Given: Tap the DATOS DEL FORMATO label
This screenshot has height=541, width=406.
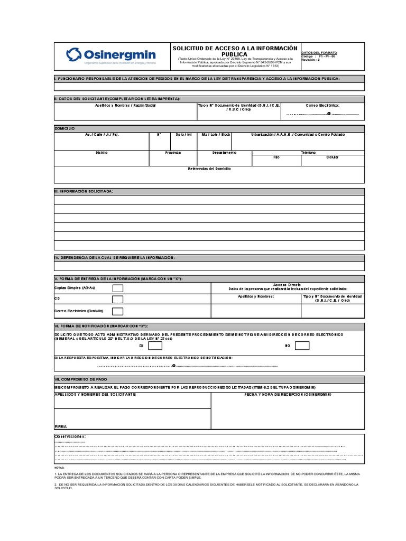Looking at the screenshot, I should coord(319,53).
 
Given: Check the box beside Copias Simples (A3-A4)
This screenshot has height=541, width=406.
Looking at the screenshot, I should coord(117,288).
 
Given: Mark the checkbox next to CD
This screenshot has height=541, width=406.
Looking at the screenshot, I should coord(117,300).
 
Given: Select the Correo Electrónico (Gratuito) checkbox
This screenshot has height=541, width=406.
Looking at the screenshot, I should coord(117,311).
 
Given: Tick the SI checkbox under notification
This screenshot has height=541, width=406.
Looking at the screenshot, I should coord(155,346).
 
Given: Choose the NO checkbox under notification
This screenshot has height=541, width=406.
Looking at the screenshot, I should coord(302,346).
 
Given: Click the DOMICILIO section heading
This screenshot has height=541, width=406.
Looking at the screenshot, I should coord(65,129).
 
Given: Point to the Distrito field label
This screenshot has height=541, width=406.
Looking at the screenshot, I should coord(101,152).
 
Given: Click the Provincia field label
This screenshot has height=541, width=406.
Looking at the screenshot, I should coord(172,152).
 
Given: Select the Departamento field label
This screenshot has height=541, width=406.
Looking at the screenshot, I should coord(225,152).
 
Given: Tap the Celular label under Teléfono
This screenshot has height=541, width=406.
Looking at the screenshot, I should coord(333,157).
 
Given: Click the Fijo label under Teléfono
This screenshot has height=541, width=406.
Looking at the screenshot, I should coord(276,157).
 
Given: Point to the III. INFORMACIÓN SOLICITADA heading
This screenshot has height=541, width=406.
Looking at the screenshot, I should coord(84,191).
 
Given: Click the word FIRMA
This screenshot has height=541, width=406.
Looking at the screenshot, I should coord(61,426).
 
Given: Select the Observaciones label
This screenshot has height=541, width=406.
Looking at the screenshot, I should coord(70,436).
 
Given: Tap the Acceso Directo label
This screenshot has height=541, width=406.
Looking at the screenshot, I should coord(287,284).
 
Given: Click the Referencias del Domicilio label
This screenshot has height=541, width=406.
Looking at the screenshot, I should coord(209,169).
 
